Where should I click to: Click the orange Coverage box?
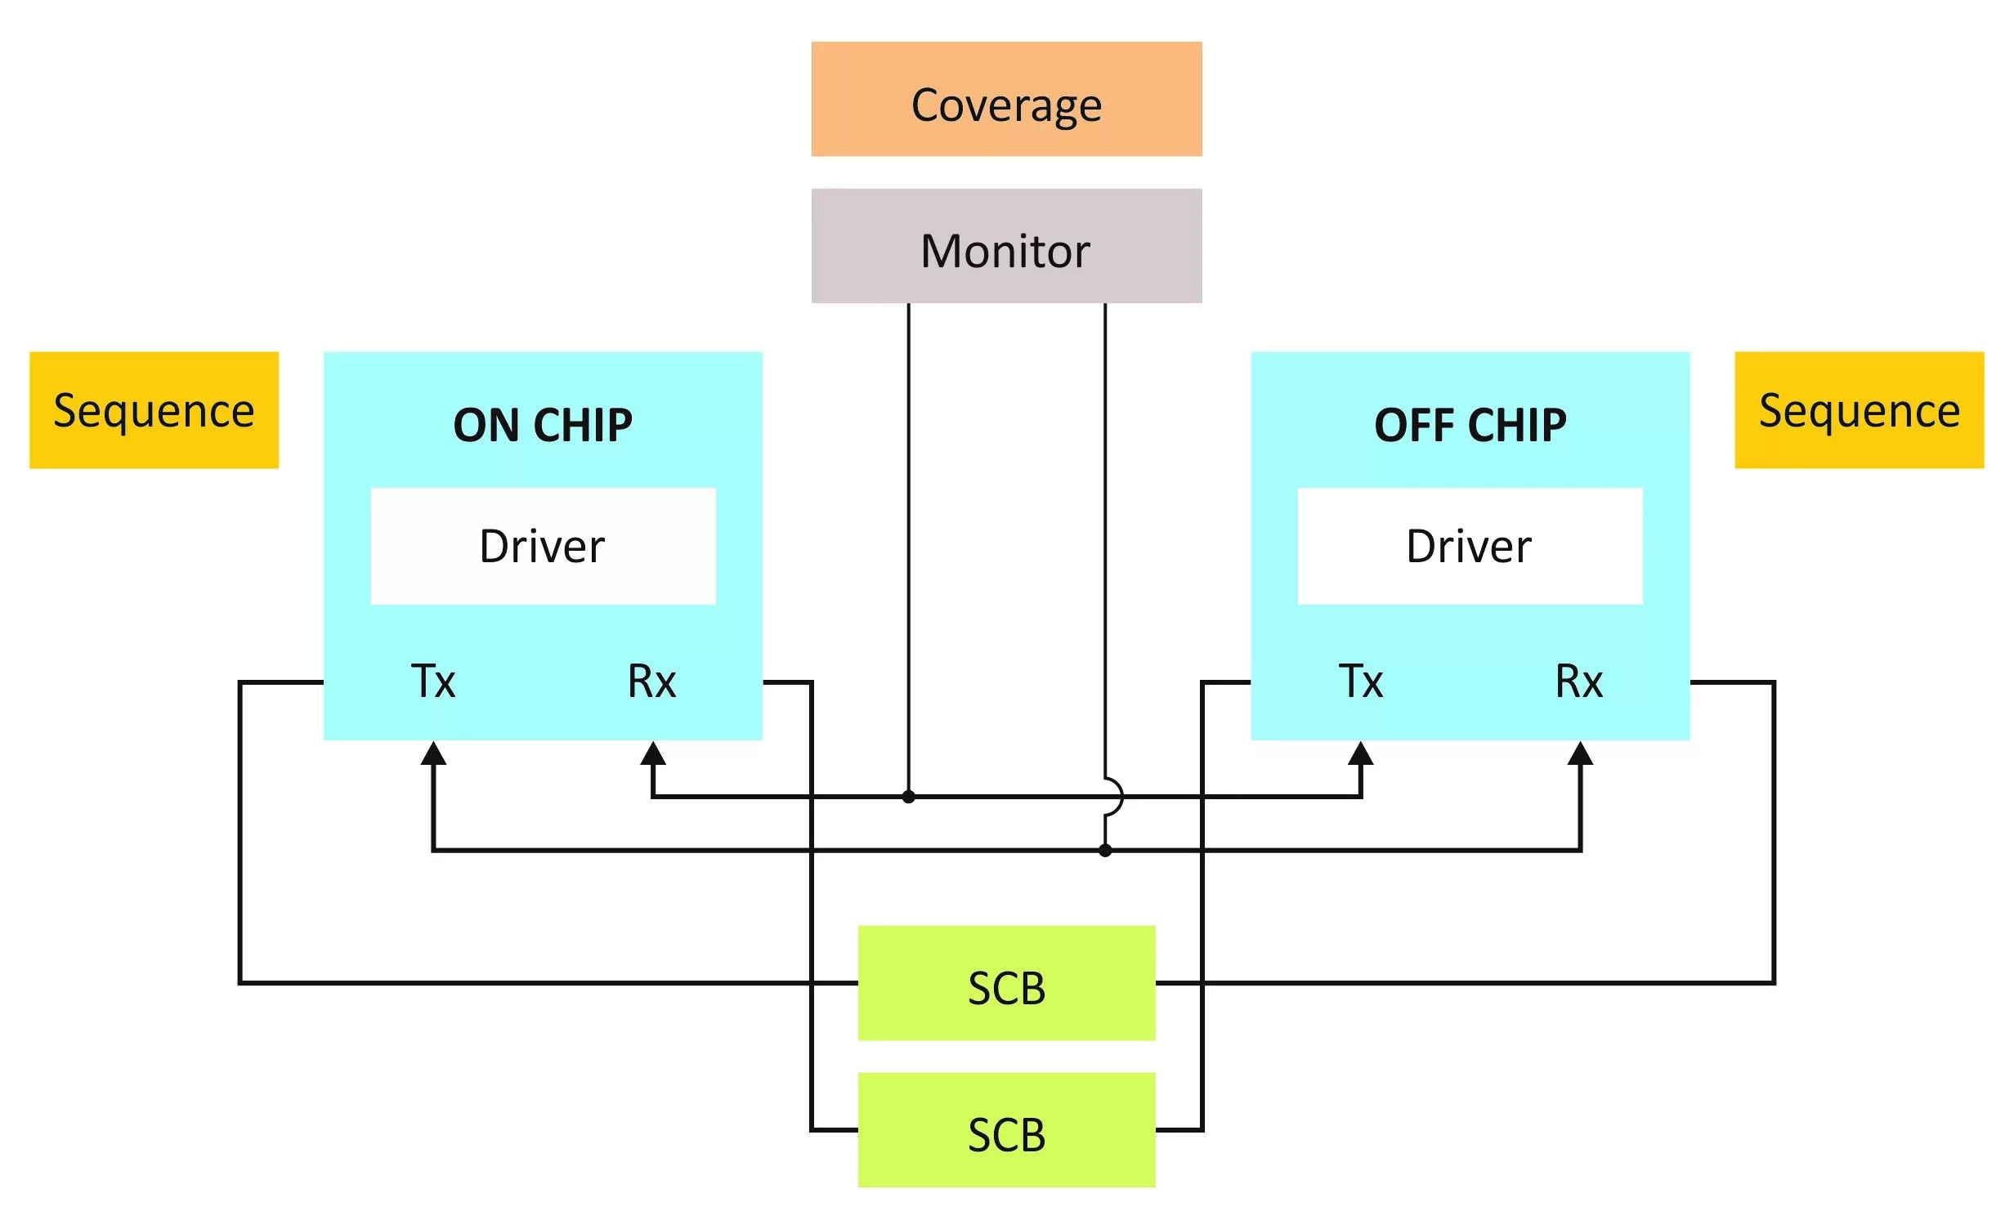1006,99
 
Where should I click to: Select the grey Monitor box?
1006,246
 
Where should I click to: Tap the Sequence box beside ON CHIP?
154,410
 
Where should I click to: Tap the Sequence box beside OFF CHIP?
1859,410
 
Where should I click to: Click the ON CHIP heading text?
543,425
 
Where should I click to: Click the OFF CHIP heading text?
1470,425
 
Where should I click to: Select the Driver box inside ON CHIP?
543,546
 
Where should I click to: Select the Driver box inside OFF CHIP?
1470,546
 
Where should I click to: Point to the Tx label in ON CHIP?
433,682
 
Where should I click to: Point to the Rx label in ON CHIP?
651,682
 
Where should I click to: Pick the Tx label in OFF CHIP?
1361,682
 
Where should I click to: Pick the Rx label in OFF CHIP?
1579,682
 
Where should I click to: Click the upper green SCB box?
1006,983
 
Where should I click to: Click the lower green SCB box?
1006,1130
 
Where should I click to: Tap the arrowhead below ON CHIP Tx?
433,753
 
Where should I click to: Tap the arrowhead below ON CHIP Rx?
652,753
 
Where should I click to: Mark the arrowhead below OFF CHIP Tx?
1361,753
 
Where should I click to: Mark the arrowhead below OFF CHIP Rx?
1580,753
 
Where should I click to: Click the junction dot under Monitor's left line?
908,797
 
